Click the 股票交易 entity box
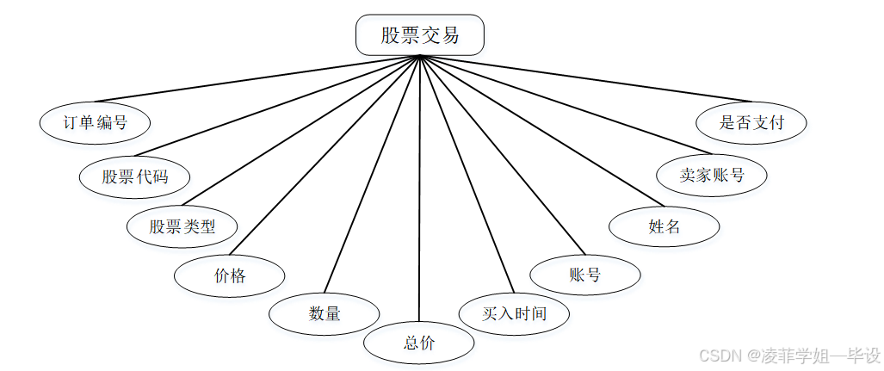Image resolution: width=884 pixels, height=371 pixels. [420, 35]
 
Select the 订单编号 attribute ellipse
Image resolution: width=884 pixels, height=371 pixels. [96, 122]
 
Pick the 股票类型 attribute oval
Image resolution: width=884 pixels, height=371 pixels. [182, 227]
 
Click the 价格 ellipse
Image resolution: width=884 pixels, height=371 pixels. [230, 276]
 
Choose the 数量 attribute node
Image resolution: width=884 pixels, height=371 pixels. [325, 314]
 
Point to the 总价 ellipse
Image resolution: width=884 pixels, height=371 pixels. [419, 343]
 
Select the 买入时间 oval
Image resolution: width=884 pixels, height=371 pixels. [515, 312]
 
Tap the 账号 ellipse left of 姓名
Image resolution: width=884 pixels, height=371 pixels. [585, 275]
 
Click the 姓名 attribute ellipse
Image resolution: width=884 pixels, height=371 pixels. [665, 227]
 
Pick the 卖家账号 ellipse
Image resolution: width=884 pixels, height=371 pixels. [711, 176]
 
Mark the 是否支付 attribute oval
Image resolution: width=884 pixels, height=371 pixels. [751, 122]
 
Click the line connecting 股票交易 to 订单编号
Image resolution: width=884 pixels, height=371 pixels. [258, 79]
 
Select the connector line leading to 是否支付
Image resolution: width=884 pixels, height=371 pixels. [585, 79]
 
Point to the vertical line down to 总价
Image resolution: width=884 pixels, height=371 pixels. [419, 189]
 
